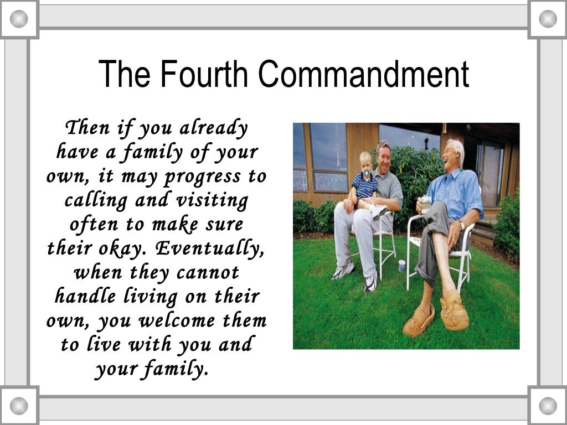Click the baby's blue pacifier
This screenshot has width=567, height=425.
(x=366, y=173)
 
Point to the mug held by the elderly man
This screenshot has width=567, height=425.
(x=426, y=204)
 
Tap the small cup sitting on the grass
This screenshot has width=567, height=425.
(x=401, y=266)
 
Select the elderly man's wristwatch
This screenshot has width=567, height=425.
(x=462, y=224)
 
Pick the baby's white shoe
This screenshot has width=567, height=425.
(x=379, y=211)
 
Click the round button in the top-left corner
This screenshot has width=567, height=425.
(x=19, y=19)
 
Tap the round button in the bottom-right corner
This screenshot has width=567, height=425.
(x=548, y=406)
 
